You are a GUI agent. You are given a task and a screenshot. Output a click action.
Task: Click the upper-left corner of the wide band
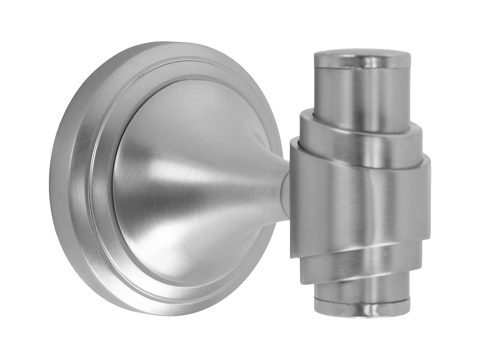pos(292,142)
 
